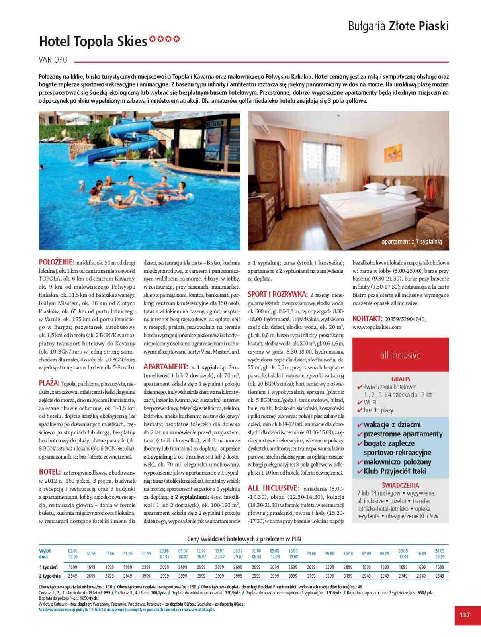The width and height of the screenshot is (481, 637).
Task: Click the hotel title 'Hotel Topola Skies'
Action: point(93,41)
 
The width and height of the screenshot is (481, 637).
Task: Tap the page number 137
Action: point(464,615)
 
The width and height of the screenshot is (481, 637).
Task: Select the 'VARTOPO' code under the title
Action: point(53,60)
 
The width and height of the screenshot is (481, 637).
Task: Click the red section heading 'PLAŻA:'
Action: point(49,383)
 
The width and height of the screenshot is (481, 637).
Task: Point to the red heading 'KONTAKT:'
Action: point(367,319)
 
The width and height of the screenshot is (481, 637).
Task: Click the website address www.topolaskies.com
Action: point(377,327)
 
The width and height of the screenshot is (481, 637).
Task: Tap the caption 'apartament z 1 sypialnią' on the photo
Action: point(411,242)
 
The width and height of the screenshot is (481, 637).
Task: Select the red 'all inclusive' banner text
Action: point(400,355)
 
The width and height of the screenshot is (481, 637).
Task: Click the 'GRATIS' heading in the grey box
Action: point(401,379)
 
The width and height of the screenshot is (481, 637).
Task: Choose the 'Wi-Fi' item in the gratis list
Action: point(370,403)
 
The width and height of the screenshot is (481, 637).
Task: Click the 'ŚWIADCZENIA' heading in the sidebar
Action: point(400,485)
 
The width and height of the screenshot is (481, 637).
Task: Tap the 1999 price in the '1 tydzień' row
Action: point(128,567)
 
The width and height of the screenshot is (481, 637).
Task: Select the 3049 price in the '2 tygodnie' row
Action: point(128,576)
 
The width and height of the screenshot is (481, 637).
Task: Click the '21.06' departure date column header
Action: point(128,554)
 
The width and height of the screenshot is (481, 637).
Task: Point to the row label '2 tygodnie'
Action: point(50,576)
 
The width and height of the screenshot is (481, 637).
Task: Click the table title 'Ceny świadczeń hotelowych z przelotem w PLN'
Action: point(244,539)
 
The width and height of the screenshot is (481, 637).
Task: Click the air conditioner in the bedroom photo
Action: point(273,129)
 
